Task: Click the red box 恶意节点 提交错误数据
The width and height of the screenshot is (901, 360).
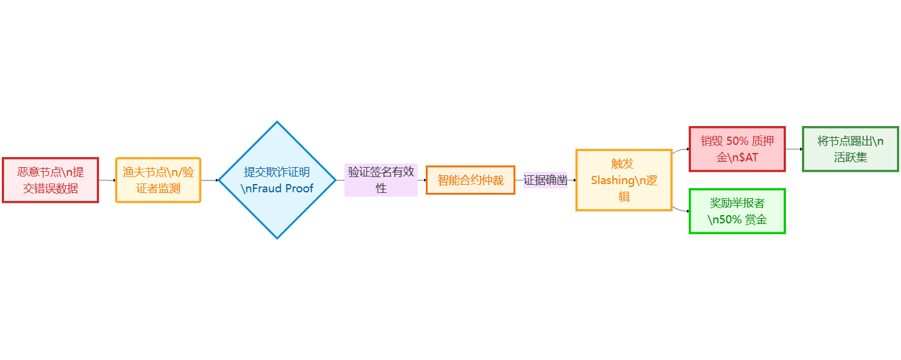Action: (50, 180)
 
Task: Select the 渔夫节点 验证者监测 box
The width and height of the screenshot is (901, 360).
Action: (158, 180)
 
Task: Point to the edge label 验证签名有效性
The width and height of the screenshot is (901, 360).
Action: (381, 180)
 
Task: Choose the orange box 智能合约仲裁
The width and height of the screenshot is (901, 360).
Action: (470, 180)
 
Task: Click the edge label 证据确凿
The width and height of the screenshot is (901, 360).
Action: (546, 180)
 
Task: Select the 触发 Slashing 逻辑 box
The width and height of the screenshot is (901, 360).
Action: (624, 180)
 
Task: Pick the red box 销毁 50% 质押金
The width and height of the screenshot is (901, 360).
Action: (737, 149)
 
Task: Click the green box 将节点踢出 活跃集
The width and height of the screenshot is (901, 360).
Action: (850, 149)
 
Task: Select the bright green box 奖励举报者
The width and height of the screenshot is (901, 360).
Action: (737, 211)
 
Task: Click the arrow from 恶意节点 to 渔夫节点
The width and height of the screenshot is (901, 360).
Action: (107, 180)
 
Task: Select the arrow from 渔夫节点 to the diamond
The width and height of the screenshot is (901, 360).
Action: (209, 180)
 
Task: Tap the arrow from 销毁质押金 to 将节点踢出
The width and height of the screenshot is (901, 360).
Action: (794, 149)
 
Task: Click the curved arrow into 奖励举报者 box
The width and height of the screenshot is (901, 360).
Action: (680, 209)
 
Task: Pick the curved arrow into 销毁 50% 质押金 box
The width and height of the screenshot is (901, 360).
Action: (680, 150)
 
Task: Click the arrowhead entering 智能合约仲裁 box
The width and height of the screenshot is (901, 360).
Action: (424, 180)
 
